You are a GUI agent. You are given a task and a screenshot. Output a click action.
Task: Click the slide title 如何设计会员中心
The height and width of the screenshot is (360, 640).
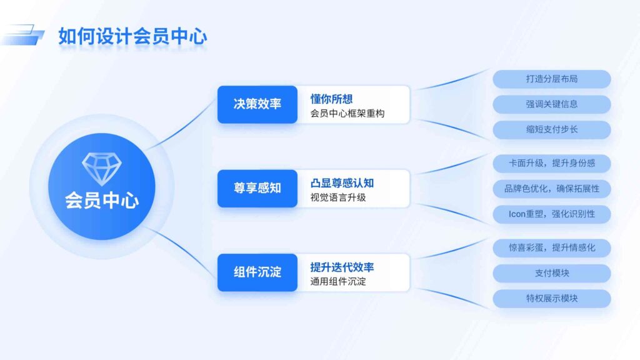coord(132,36)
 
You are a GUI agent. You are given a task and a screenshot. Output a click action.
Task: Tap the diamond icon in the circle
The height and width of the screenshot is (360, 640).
coord(102,169)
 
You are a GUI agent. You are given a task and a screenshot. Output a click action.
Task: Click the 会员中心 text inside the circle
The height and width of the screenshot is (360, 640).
coord(102,201)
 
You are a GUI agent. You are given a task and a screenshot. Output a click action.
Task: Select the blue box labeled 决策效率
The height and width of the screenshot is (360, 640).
coord(257,104)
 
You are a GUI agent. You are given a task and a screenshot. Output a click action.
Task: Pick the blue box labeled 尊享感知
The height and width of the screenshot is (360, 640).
coord(257,188)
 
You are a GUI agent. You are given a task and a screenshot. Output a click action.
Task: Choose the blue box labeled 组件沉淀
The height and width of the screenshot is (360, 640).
coord(257,272)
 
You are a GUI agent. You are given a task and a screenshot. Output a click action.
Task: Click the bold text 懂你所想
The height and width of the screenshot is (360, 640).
coord(332,99)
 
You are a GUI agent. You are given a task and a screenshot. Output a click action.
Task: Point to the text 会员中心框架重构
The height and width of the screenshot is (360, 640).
coord(347,114)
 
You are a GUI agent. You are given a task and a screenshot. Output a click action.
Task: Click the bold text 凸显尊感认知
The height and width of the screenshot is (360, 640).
coord(342,183)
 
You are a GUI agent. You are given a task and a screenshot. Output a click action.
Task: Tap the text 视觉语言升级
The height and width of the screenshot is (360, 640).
coord(338,197)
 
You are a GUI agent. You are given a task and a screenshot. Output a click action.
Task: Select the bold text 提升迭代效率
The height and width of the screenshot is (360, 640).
coord(342,267)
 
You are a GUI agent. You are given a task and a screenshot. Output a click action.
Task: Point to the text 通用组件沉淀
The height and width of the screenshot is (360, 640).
coord(338,281)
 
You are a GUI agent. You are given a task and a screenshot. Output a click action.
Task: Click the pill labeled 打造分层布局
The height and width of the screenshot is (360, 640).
coord(551,79)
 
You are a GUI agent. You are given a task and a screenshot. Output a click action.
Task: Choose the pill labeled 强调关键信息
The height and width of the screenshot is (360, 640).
coord(551,104)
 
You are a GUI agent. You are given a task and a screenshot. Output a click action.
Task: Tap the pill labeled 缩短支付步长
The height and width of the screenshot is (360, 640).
coord(551,129)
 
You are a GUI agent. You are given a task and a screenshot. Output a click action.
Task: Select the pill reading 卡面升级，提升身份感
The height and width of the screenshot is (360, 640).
coord(551,164)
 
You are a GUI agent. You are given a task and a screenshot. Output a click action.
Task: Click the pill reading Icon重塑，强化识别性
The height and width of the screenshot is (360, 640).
coord(551,214)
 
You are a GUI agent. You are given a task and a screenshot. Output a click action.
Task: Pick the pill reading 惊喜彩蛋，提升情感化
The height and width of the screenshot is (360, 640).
coord(551,247)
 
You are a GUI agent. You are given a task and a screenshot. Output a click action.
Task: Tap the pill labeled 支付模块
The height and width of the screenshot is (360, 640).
coord(551,273)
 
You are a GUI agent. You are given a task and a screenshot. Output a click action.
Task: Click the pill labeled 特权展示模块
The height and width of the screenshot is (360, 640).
coord(551,298)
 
